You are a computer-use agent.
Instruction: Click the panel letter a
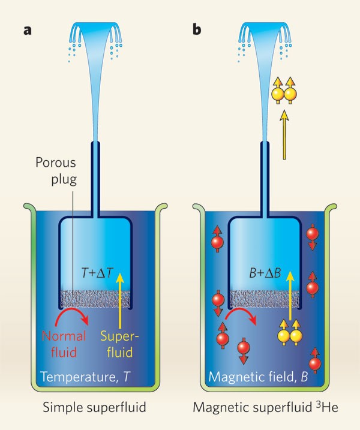[26, 29]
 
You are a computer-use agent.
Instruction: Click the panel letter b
[196, 29]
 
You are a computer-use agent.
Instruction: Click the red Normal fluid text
[63, 343]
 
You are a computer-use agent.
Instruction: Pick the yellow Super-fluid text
[122, 343]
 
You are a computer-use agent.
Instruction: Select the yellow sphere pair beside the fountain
[283, 92]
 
